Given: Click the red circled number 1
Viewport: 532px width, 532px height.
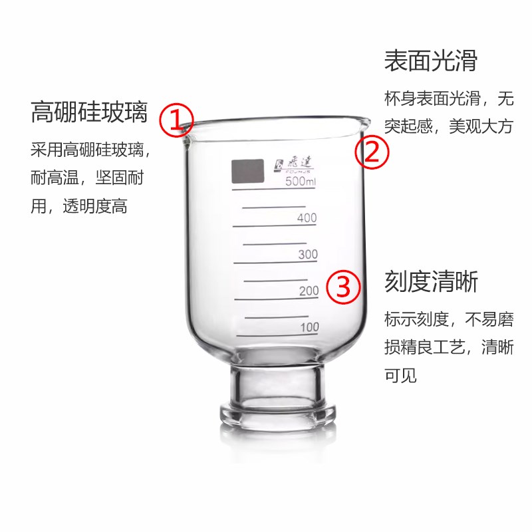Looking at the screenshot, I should coord(176,120).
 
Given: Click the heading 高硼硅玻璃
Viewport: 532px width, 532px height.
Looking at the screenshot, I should coord(88,112).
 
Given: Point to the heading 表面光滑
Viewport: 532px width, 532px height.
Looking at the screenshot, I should coord(430,61).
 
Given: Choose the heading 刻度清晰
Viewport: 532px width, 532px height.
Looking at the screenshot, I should coord(430,283).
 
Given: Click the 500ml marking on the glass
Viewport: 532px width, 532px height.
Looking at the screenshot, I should coord(299,182).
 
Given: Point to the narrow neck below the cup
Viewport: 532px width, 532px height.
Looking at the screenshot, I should coord(274,382).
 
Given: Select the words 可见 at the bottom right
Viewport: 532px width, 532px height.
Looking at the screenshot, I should coord(400,374).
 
